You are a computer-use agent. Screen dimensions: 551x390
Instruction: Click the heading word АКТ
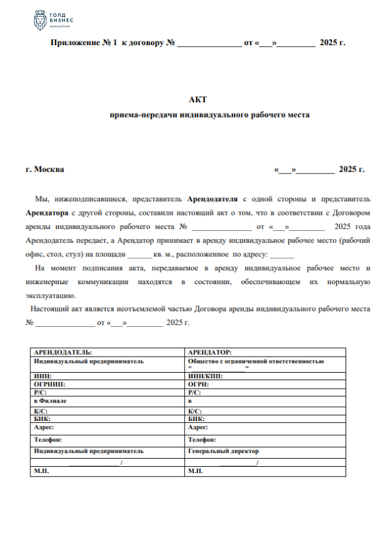click(x=197, y=99)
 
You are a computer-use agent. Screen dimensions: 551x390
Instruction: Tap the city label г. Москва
click(x=45, y=169)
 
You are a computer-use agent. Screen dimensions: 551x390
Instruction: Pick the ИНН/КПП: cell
click(x=205, y=376)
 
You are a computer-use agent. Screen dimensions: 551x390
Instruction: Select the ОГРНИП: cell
click(x=50, y=384)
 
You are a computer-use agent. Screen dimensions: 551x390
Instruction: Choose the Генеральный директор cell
click(x=223, y=451)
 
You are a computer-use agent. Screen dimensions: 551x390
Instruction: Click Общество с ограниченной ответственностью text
click(x=256, y=360)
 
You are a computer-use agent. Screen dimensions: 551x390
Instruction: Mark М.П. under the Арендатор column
click(x=196, y=471)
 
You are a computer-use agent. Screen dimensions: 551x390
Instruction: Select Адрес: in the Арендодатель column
click(x=45, y=427)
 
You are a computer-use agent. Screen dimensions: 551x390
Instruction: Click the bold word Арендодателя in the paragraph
click(x=212, y=199)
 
